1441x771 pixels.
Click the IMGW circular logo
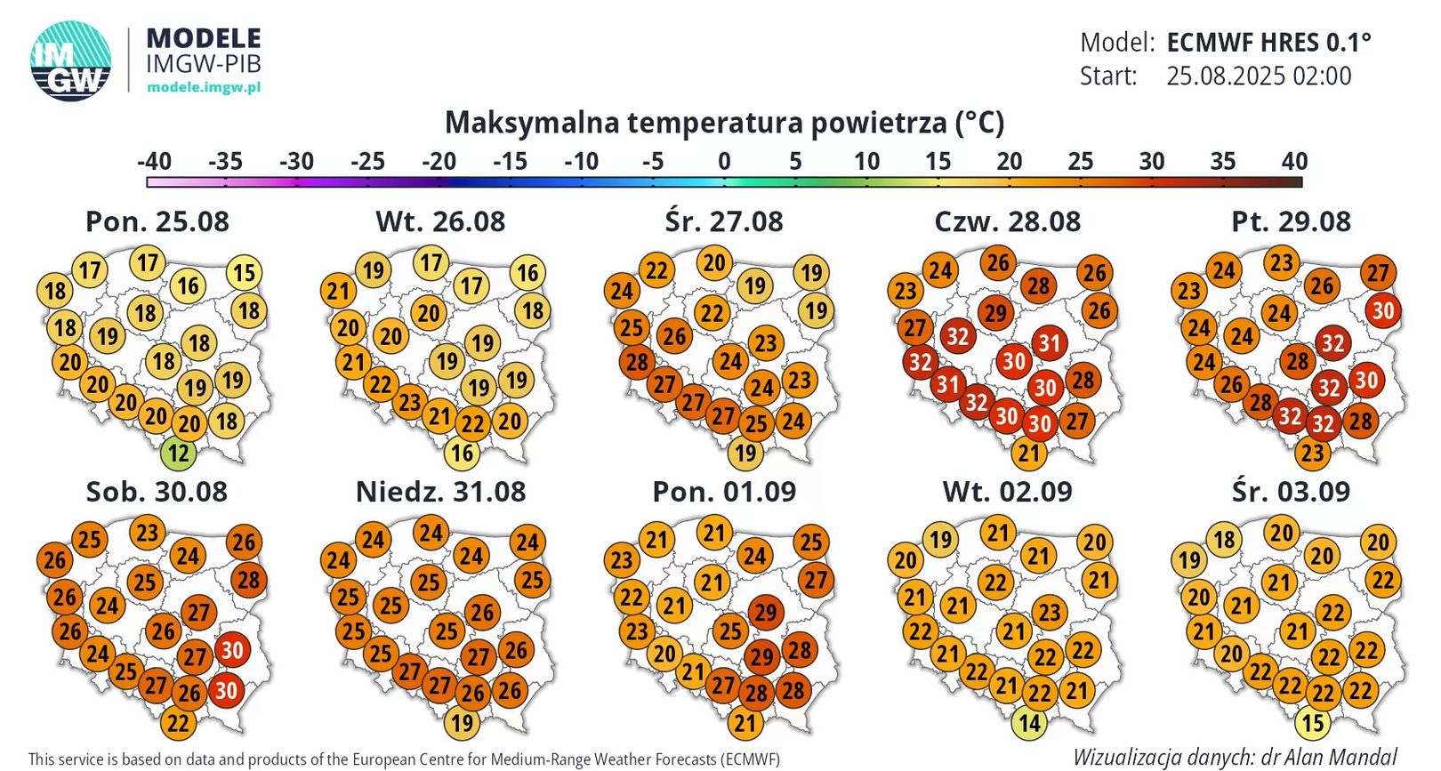tap(71, 60)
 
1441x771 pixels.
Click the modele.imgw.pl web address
tap(204, 87)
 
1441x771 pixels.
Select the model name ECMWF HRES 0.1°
tap(1268, 42)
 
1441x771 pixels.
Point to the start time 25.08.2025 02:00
tap(1259, 76)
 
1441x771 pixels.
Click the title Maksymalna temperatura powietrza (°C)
tap(724, 122)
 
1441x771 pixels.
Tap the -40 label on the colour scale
tap(154, 161)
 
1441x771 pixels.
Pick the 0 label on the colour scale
tap(724, 161)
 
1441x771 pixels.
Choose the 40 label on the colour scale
tap(1294, 161)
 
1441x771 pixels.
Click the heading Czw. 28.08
tap(1007, 221)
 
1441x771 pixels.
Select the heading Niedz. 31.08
tap(440, 492)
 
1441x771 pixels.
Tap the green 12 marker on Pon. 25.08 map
tap(178, 454)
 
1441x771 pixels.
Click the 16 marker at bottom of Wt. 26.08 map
tap(462, 454)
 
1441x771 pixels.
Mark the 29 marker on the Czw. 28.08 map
tap(995, 313)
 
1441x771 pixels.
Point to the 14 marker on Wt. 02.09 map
tap(1029, 724)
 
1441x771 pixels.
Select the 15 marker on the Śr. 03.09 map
tap(1313, 724)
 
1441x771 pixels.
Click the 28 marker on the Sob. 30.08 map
tap(248, 581)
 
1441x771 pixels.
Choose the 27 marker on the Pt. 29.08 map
tap(1377, 273)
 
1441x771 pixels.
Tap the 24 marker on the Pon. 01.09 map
tap(754, 556)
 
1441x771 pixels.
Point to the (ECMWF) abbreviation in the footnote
tap(751, 759)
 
